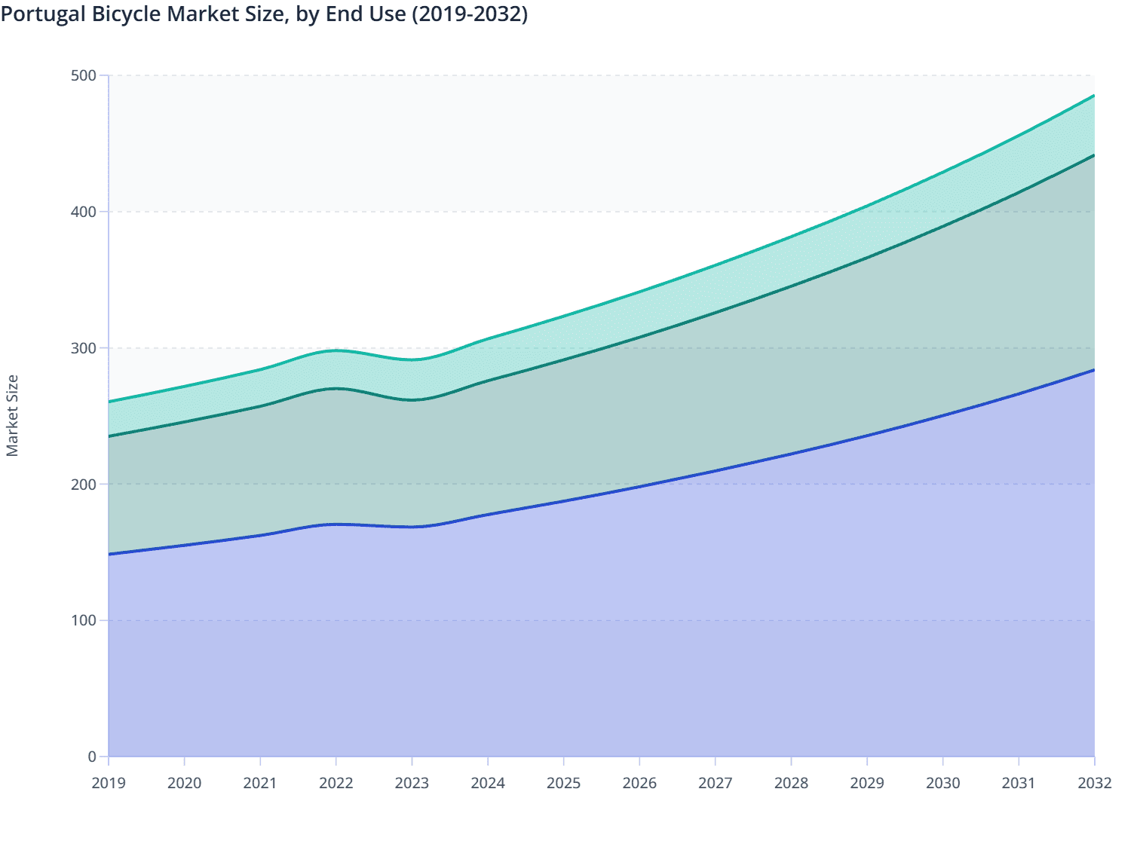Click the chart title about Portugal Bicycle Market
point(264,14)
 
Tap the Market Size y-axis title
point(12,415)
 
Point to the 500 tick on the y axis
point(84,75)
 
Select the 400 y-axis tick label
point(84,212)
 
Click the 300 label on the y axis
point(84,348)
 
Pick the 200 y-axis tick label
point(84,485)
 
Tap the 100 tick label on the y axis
point(84,621)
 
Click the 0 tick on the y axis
point(92,757)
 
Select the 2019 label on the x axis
point(109,783)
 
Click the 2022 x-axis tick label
point(336,783)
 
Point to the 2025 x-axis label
point(563,783)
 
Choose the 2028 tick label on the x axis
point(791,783)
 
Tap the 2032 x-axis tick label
point(1094,783)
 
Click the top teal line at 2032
point(1093,96)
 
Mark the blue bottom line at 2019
point(110,554)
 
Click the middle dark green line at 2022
point(336,388)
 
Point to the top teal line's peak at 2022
point(336,350)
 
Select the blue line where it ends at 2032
point(1093,370)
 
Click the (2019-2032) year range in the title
point(470,14)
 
